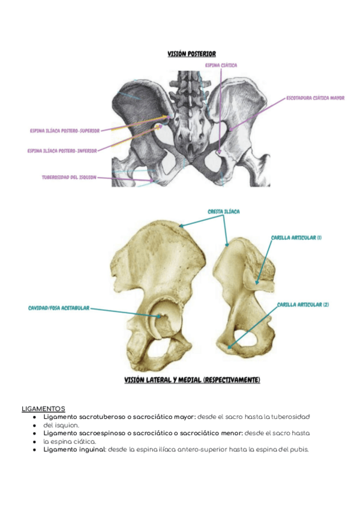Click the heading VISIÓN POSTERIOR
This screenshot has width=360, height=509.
point(192,54)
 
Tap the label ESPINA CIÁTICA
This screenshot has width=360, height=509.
point(221,65)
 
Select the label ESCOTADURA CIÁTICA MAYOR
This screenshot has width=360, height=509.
point(315,98)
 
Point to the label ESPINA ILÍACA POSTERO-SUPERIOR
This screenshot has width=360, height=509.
point(65,130)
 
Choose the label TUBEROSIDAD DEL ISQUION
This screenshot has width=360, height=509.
point(69,177)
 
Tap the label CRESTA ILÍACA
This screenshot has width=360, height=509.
point(224,212)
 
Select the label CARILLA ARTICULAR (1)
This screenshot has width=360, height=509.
point(296,238)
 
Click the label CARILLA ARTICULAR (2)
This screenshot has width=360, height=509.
point(303,305)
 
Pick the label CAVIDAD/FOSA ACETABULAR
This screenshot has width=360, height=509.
point(59,308)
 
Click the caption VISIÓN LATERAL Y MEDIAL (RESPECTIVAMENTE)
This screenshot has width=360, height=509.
point(192,380)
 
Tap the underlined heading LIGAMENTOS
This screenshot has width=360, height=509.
point(43,408)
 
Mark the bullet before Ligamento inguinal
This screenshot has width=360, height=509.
point(35,449)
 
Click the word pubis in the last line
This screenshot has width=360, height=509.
point(298,449)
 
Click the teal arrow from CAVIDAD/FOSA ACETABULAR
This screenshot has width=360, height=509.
point(120,310)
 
